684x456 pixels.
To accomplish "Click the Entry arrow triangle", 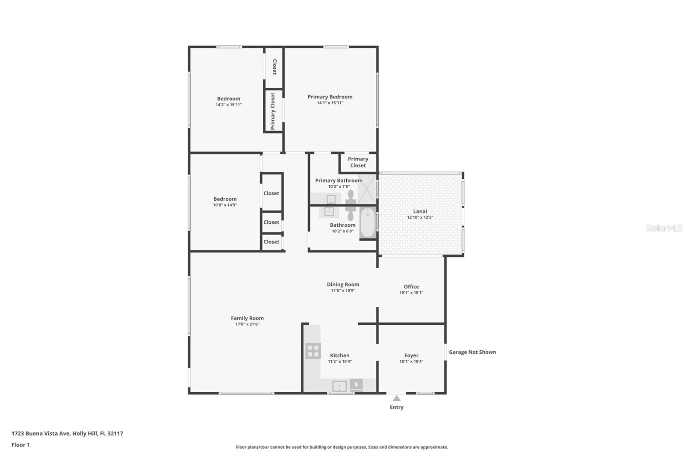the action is [x=397, y=399].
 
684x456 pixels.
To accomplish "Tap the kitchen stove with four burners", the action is [x=313, y=351].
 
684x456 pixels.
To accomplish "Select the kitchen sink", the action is [x=339, y=386].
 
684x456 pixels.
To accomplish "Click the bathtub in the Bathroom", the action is [x=368, y=222].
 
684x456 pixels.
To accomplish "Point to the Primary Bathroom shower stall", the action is [x=367, y=189].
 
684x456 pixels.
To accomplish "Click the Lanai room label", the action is [x=420, y=211].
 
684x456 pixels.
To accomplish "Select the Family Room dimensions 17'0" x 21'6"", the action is [x=248, y=324].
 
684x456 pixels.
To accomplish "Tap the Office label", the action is [x=411, y=287].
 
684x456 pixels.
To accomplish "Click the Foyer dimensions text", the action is [x=411, y=361].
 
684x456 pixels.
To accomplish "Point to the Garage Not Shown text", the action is [x=472, y=352].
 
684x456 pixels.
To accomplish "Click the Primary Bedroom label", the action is [x=330, y=97].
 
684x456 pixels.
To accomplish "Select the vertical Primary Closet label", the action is [x=273, y=111].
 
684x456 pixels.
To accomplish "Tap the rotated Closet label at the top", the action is [x=274, y=67].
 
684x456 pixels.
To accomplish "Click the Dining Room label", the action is [x=343, y=284].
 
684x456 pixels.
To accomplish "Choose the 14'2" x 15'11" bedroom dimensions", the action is [x=229, y=104].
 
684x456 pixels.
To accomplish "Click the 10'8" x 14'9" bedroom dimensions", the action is [x=225, y=205].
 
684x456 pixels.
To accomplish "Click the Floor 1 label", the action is [x=21, y=445].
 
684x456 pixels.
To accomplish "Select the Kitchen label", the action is [x=340, y=355].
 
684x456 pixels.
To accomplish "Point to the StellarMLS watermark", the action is [x=664, y=228].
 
